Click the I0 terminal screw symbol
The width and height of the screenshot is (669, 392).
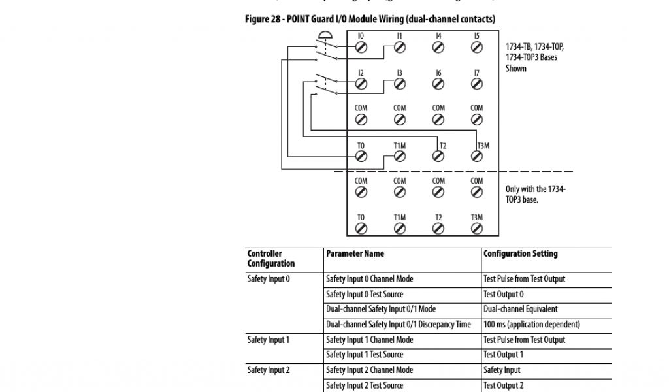(361, 47)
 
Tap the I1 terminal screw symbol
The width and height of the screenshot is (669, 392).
(400, 47)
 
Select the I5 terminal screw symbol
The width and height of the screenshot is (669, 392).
(477, 47)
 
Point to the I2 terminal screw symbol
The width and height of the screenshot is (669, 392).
(361, 84)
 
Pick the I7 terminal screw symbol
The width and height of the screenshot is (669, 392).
(477, 84)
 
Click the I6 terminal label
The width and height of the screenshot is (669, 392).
(438, 73)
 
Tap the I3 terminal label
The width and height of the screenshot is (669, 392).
(399, 73)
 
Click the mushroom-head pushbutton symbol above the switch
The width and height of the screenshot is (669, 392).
(324, 36)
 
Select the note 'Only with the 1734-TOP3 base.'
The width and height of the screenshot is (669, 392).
(536, 194)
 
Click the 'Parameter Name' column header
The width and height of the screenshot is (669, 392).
(355, 253)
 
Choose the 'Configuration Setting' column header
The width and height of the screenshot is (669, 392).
(521, 253)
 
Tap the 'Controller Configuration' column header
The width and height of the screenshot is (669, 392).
(271, 259)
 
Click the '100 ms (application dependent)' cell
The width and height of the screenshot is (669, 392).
(532, 325)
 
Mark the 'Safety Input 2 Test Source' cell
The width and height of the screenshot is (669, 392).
(365, 385)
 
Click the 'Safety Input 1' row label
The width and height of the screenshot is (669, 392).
(269, 340)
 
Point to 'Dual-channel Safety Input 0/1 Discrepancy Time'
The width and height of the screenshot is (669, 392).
(399, 325)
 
